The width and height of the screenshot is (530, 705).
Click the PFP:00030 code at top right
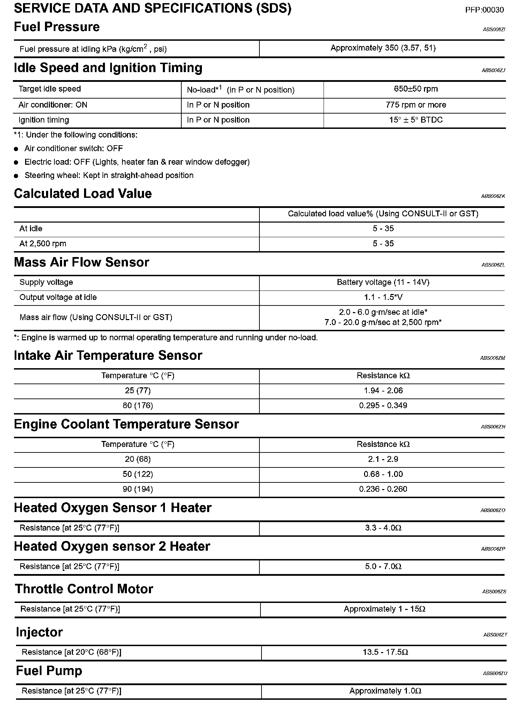pos(484,10)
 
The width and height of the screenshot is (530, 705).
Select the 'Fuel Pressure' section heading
pos(57,27)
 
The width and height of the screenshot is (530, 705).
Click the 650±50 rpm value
pos(416,89)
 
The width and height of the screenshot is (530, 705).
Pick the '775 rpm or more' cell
pos(416,105)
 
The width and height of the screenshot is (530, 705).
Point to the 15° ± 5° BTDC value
pos(416,120)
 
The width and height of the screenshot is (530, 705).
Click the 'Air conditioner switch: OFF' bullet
pos(73,148)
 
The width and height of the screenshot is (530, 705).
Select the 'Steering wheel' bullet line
pos(109,175)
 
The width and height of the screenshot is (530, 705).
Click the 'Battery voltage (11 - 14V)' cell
pos(383,282)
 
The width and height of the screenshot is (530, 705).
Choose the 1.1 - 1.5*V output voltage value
pos(383,297)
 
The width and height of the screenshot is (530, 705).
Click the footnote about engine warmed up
pos(166,338)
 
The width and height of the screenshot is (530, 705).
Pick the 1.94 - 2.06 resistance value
pos(383,390)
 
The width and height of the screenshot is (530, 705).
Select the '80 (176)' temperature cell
pos(138,405)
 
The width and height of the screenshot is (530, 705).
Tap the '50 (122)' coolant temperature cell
pos(138,474)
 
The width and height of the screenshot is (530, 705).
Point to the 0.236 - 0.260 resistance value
pos(383,489)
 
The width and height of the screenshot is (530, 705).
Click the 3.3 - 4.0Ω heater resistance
pos(383,528)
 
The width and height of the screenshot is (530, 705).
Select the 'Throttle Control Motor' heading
pos(84,589)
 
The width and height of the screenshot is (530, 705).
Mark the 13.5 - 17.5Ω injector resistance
pos(385,652)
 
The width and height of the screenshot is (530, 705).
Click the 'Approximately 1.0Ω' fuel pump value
pos(385,691)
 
